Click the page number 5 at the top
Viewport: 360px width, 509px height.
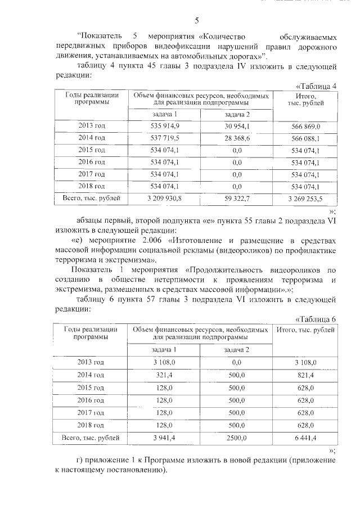(x=196, y=21)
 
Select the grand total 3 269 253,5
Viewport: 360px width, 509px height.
(x=305, y=199)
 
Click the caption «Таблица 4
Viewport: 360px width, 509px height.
(x=316, y=86)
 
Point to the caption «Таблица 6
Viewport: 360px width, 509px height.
(x=316, y=319)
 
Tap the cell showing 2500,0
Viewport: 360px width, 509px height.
(x=236, y=437)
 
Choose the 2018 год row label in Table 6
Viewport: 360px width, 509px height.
(x=91, y=425)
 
